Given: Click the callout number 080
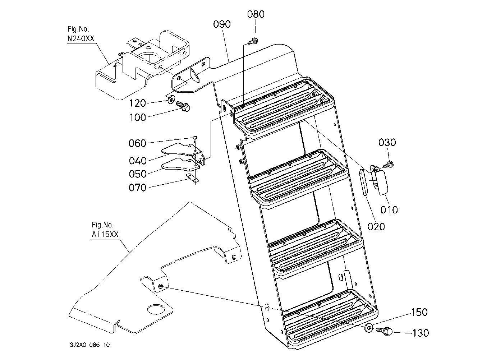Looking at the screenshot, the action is [256, 14].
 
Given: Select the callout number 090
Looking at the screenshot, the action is [222, 24].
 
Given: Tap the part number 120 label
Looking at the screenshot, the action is [138, 103].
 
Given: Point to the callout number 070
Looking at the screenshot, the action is [138, 188].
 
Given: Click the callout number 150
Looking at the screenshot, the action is [419, 313].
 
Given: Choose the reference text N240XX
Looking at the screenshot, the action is [81, 39].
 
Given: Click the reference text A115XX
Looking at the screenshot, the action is [105, 235].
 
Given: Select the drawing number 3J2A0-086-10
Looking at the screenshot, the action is [90, 345].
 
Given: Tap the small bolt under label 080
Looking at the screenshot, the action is [253, 41].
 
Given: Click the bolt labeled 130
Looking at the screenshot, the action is [384, 331].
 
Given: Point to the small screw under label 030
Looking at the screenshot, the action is [388, 165].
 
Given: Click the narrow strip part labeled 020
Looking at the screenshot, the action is [363, 182].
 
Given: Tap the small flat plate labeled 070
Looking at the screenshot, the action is [192, 179].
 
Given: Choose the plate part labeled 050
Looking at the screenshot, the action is [180, 165].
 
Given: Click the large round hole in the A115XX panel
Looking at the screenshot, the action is [157, 309].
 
